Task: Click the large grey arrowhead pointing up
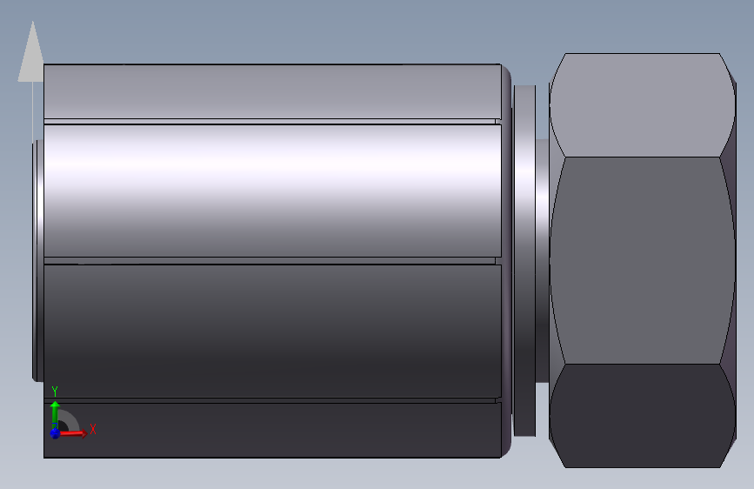pos(31,53)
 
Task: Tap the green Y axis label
pos(55,391)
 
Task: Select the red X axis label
pos(93,429)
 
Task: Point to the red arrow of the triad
pos(72,433)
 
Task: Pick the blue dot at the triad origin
pos(55,432)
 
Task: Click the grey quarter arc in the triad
pos(70,419)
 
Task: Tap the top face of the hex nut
pos(642,105)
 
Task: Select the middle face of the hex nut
pos(642,260)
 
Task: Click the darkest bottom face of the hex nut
pos(642,415)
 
